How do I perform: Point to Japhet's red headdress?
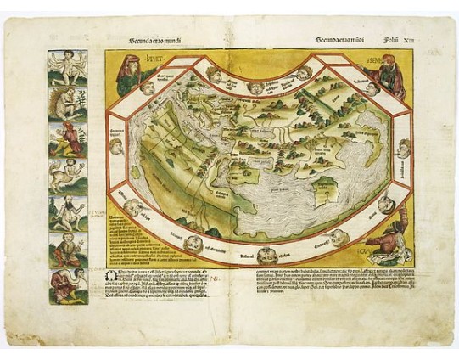point(128,58)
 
